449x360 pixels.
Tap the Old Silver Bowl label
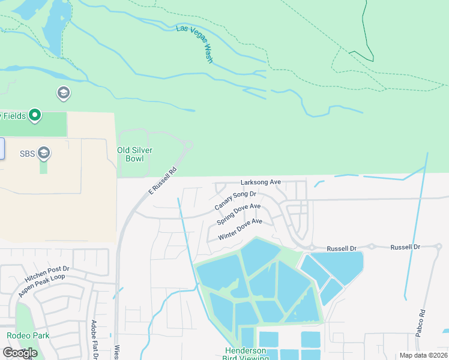point(130,154)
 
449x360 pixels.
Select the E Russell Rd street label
point(163,180)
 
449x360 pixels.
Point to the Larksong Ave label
point(261,182)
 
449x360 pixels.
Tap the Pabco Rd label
point(422,321)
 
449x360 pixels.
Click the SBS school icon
point(43,154)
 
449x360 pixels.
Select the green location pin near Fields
point(35,115)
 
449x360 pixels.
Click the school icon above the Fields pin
point(63,93)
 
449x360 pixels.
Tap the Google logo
point(19,353)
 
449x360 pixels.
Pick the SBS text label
point(28,154)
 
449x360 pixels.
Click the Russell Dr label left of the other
point(342,248)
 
